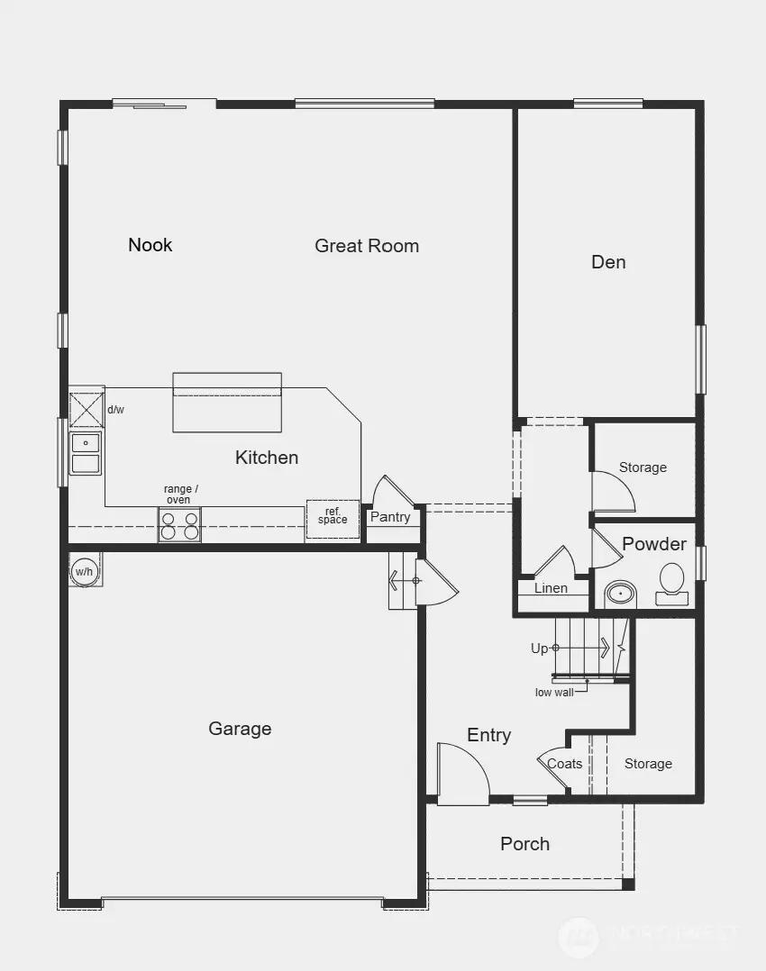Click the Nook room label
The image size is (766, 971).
tap(150, 245)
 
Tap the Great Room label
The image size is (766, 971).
tap(367, 246)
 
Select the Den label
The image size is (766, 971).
tap(608, 262)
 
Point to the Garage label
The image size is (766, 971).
tap(240, 729)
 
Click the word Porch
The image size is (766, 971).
tap(524, 844)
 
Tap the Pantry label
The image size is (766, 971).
tap(390, 517)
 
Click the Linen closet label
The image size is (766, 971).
tap(551, 588)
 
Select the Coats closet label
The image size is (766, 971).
tap(565, 764)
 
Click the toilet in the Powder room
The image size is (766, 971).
tap(671, 583)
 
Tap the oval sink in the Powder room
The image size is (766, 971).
tap(620, 594)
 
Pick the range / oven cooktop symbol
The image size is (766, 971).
tap(179, 524)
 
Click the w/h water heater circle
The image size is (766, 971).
tap(84, 571)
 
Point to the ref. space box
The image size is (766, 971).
tap(333, 518)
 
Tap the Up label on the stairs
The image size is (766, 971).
tap(539, 649)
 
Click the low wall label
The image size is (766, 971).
tap(554, 692)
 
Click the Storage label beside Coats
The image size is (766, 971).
tap(648, 764)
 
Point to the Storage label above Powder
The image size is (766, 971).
tap(643, 467)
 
